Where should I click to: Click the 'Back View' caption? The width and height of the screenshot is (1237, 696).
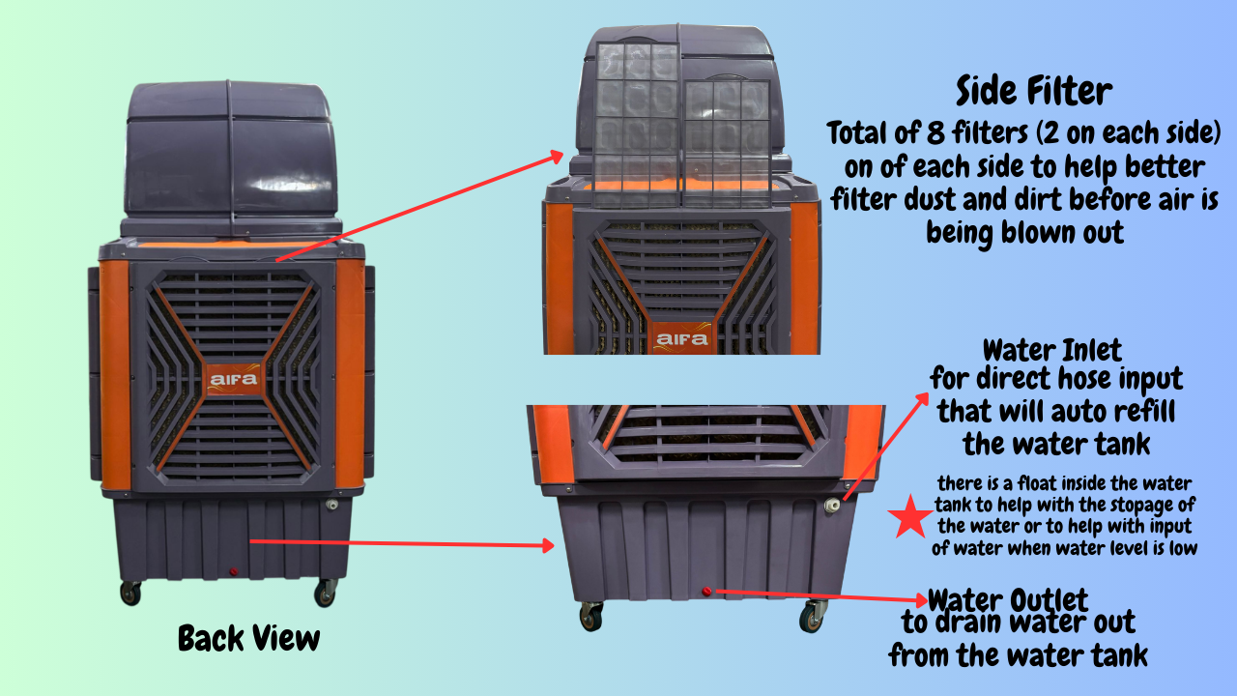(x=249, y=639)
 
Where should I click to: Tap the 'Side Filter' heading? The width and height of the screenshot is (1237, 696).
(x=1034, y=91)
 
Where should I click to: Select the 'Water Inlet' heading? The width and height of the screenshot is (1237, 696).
(x=1052, y=350)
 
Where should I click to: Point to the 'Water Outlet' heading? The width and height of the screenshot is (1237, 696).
(x=1008, y=600)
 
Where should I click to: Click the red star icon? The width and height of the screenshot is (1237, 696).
(x=910, y=517)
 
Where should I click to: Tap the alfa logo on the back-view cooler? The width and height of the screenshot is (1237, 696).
(x=234, y=379)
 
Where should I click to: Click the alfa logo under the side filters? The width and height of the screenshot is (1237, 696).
(x=681, y=338)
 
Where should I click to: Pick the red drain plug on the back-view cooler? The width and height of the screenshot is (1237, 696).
(x=234, y=571)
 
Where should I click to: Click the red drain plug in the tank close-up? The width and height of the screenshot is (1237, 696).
(x=706, y=591)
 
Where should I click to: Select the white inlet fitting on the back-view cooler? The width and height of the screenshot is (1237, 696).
(x=331, y=505)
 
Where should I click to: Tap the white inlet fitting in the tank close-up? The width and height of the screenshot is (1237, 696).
(x=832, y=505)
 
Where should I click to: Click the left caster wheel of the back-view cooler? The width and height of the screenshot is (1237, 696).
(x=130, y=594)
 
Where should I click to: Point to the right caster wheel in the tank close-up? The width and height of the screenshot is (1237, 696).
(x=811, y=617)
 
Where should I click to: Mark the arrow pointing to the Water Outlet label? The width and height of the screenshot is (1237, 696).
(x=821, y=595)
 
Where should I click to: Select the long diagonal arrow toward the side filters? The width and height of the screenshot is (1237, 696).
(x=419, y=206)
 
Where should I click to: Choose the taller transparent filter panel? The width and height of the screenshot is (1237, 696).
(x=637, y=126)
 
